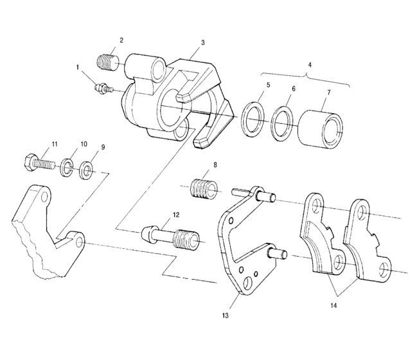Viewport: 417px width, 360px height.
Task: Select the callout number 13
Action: (243, 316)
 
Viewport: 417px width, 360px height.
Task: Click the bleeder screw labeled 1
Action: (102, 88)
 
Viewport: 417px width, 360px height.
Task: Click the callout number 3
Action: (202, 42)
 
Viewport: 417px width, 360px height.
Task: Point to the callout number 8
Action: (215, 165)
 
